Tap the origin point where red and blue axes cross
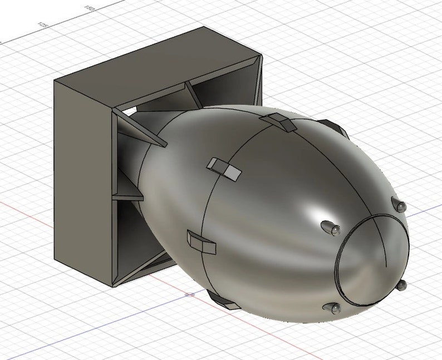click(190, 294)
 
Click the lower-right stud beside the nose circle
click(401, 285)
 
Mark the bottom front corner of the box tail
click(114, 285)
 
